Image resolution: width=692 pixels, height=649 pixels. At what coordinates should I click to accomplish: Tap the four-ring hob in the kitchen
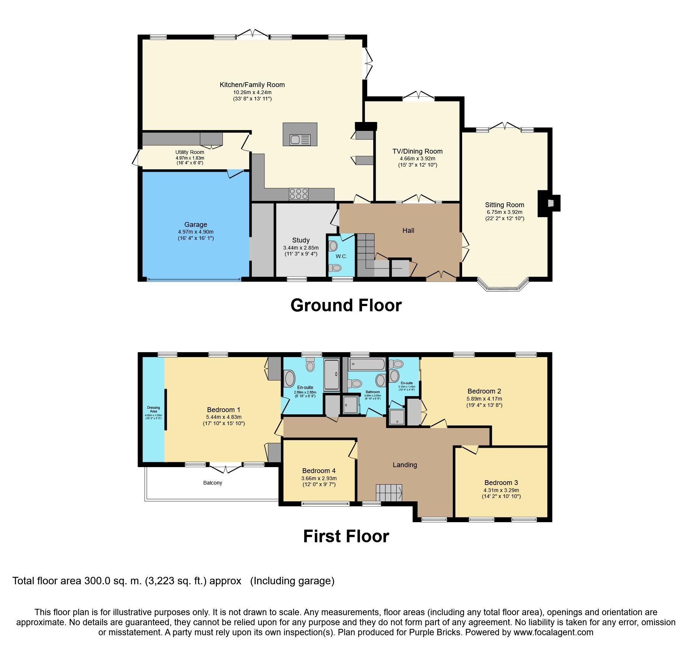pyautogui.click(x=298, y=194)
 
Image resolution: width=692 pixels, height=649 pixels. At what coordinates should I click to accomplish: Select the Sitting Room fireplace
pyautogui.click(x=549, y=203)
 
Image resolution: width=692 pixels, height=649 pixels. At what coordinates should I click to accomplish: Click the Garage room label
pyautogui.click(x=196, y=225)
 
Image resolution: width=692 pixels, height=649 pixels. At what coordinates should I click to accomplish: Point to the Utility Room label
pyautogui.click(x=190, y=152)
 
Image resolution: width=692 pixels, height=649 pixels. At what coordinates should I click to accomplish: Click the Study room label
pyautogui.click(x=301, y=240)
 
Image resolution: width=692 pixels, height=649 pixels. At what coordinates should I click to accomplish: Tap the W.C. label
pyautogui.click(x=341, y=256)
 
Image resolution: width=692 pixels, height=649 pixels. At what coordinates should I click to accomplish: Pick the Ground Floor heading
pyautogui.click(x=346, y=305)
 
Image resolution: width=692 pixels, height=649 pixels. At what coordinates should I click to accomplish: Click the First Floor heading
pyautogui.click(x=346, y=536)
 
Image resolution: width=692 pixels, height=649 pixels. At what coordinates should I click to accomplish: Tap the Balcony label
pyautogui.click(x=212, y=483)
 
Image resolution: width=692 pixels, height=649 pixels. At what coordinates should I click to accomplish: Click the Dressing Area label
pyautogui.click(x=153, y=409)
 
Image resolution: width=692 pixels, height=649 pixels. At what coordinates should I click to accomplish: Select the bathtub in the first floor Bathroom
pyautogui.click(x=367, y=364)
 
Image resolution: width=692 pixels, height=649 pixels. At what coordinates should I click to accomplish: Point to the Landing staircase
pyautogui.click(x=388, y=493)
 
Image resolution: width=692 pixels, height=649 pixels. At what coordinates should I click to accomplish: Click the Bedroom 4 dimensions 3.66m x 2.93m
pyautogui.click(x=319, y=478)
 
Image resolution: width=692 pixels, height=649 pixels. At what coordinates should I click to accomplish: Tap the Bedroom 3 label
pyautogui.click(x=501, y=483)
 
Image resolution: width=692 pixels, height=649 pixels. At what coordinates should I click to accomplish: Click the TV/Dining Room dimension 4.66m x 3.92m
pyautogui.click(x=417, y=158)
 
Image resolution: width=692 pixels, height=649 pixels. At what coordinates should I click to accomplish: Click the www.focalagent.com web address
pyautogui.click(x=553, y=632)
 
